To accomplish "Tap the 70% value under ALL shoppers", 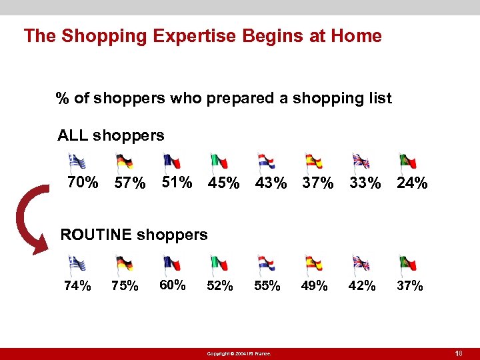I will coord(83,182).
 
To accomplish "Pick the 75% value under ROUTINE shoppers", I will coord(125,286).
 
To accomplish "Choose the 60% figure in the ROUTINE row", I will coord(173,285).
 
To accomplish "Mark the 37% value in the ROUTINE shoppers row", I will coord(409,286).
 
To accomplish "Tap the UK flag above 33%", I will coord(361,161).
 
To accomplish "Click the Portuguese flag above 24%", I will coord(407,161).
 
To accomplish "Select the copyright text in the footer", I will coord(239,353).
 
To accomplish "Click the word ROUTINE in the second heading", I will coord(96,235).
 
